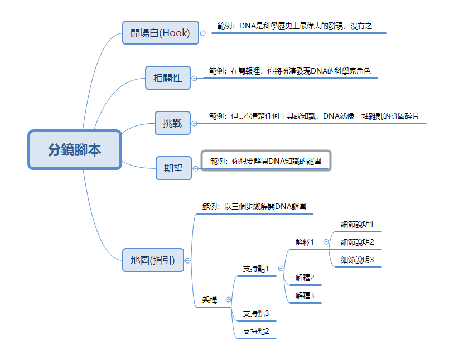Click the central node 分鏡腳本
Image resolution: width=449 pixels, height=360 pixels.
click(x=74, y=150)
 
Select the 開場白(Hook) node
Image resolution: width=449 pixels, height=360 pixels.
click(x=160, y=33)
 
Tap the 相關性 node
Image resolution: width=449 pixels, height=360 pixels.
click(x=167, y=78)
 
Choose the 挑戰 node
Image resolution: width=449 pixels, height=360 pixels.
click(x=172, y=123)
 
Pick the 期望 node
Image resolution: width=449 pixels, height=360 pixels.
click(x=173, y=168)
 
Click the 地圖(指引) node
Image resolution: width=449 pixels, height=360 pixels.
click(x=153, y=260)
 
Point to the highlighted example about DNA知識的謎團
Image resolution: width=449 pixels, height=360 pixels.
click(x=265, y=161)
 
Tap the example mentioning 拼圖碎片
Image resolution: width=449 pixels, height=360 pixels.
click(x=314, y=116)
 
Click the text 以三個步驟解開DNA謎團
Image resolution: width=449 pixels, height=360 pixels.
click(x=254, y=206)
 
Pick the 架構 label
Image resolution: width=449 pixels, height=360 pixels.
click(x=210, y=300)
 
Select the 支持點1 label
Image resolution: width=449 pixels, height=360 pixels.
click(x=256, y=269)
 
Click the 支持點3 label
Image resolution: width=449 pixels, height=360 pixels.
click(x=256, y=314)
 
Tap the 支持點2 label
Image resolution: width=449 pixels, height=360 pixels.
click(x=256, y=331)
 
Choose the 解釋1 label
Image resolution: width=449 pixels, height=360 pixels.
click(x=305, y=242)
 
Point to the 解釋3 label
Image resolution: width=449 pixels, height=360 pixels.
click(x=305, y=295)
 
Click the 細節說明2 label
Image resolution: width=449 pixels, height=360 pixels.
click(x=357, y=242)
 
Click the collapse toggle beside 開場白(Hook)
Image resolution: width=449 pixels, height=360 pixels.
click(x=202, y=33)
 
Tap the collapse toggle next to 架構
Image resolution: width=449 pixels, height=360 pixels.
click(x=228, y=300)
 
